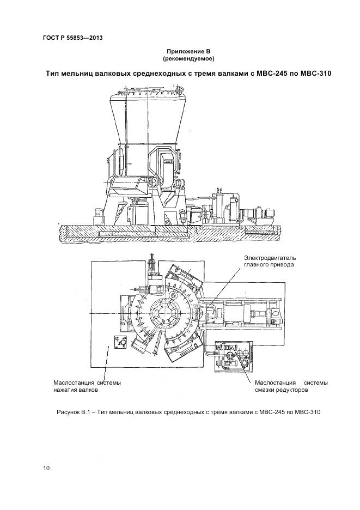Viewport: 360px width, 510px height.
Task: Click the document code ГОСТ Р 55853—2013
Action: click(x=72, y=38)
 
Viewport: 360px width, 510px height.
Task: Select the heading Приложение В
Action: click(x=188, y=51)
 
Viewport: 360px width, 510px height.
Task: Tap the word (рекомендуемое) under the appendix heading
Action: click(x=188, y=58)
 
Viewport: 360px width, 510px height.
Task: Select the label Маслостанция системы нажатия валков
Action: click(x=87, y=386)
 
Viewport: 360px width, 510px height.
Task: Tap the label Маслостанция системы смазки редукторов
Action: click(x=291, y=386)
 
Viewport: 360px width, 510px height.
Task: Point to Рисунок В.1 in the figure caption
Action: click(x=77, y=412)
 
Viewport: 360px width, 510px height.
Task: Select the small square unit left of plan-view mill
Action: click(x=120, y=343)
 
